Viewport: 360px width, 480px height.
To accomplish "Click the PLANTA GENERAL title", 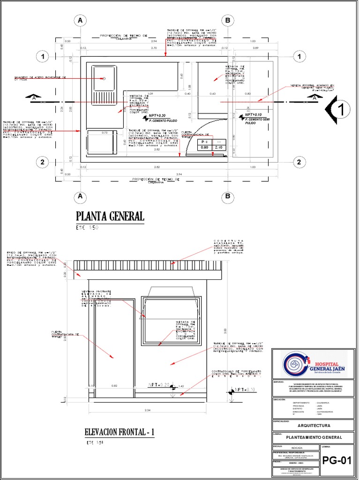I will [110, 216].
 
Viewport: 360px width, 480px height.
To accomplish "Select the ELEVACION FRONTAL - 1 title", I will [120, 432].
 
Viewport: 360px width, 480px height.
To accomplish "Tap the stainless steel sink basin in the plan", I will [104, 79].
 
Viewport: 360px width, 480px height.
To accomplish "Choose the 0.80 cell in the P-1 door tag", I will [204, 147].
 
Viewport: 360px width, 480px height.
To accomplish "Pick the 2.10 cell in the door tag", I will [218, 147].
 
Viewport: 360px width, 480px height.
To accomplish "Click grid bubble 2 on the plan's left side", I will [42, 162].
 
